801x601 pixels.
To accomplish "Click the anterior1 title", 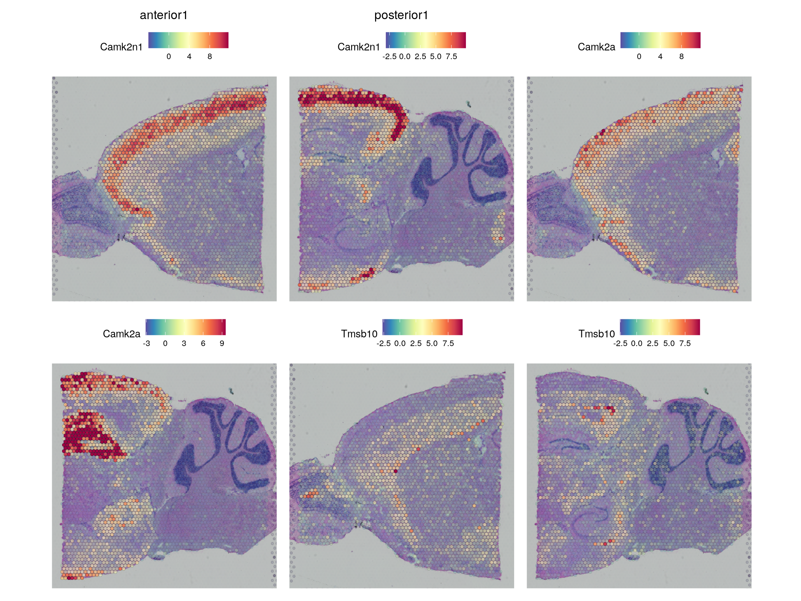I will pyautogui.click(x=163, y=15).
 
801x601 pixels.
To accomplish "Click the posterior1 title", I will pyautogui.click(x=401, y=15).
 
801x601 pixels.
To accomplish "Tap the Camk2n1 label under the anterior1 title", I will pyautogui.click(x=121, y=47).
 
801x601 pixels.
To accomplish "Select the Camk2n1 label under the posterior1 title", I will pyautogui.click(x=358, y=47).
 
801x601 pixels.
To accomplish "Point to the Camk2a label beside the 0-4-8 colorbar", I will pyautogui.click(x=596, y=47).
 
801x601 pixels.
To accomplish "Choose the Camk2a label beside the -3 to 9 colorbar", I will pyautogui.click(x=121, y=334).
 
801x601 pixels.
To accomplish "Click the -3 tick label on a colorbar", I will pyautogui.click(x=146, y=343).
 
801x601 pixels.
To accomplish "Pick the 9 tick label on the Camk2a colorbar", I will pyautogui.click(x=222, y=343).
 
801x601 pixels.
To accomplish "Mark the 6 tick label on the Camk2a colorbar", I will pyautogui.click(x=203, y=343).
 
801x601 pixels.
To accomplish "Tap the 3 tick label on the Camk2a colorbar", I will pyautogui.click(x=184, y=343).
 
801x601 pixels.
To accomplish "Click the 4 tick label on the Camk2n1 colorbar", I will pyautogui.click(x=189, y=56).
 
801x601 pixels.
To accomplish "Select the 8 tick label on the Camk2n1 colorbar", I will pyautogui.click(x=210, y=56).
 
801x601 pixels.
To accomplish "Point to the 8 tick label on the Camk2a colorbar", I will pyautogui.click(x=681, y=56).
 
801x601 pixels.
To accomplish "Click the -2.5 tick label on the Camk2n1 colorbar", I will pyautogui.click(x=389, y=56).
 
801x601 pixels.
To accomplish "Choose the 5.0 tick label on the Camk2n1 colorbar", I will pyautogui.click(x=436, y=56).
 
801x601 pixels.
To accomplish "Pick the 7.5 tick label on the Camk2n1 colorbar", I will pyautogui.click(x=451, y=56).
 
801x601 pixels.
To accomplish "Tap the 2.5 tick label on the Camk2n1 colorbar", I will pyautogui.click(x=420, y=56).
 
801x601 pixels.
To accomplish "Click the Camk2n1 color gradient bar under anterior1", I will pyautogui.click(x=188, y=40).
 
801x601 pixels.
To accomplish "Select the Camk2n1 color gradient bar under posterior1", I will pyautogui.click(x=426, y=40).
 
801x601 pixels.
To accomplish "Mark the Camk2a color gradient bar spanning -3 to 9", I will pyautogui.click(x=185, y=327).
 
